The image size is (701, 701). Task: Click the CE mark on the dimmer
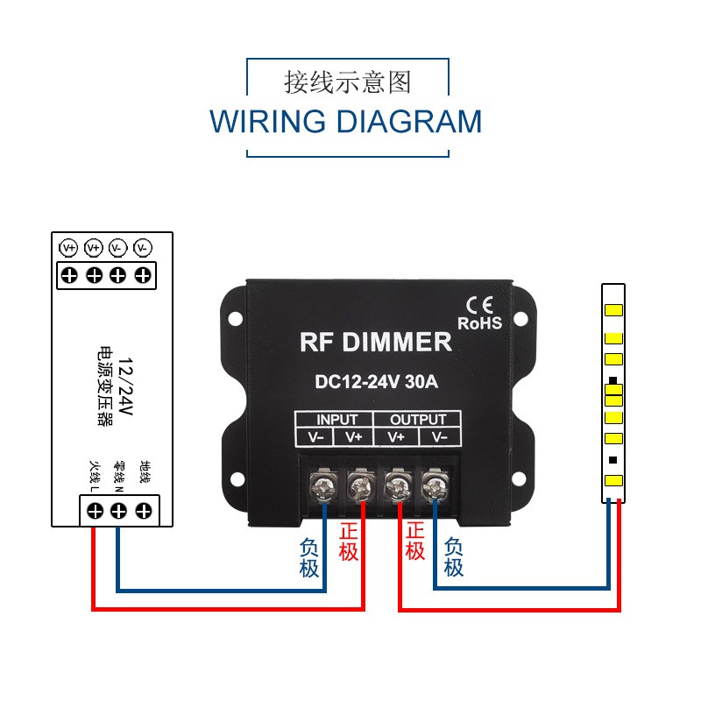click(479, 305)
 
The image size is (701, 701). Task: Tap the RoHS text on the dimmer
click(479, 323)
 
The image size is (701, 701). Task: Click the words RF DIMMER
click(376, 342)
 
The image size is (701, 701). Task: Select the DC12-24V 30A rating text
click(377, 382)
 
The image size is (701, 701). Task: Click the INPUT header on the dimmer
click(336, 420)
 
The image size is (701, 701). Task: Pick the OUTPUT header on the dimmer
click(418, 420)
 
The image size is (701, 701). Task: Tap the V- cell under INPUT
click(315, 436)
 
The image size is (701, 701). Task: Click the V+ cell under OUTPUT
click(396, 436)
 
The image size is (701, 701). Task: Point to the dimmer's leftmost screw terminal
click(323, 485)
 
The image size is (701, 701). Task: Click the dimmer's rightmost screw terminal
click(435, 485)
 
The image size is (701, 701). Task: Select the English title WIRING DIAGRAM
click(345, 122)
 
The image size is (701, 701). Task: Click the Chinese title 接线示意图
click(347, 82)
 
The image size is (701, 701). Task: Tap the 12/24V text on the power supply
click(125, 386)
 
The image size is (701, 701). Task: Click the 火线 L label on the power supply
click(95, 477)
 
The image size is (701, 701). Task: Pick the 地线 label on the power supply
click(145, 472)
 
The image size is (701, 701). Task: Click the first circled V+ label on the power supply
click(68, 248)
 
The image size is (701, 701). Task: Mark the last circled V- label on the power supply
click(143, 248)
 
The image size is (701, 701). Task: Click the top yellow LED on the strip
click(613, 310)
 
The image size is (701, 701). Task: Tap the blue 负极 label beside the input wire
click(309, 557)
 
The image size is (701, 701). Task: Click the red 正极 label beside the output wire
click(414, 542)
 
